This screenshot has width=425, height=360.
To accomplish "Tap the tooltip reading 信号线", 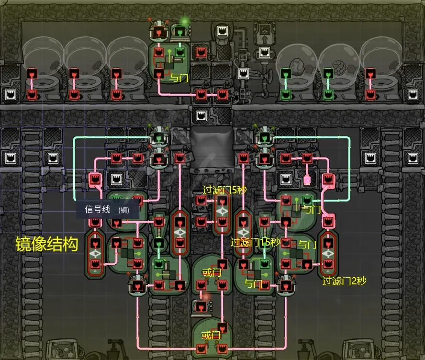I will (x=98, y=209).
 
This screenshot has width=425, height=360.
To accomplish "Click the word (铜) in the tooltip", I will (x=123, y=210).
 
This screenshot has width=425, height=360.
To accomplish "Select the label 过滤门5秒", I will (x=224, y=190).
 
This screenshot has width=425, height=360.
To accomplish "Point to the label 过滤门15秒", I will (x=255, y=242).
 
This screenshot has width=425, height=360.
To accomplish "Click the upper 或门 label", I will (x=212, y=273).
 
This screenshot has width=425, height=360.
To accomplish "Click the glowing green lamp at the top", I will (x=184, y=22).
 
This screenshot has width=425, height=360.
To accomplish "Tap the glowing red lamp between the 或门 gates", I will (x=206, y=298).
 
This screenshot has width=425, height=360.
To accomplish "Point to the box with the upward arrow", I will (x=263, y=34).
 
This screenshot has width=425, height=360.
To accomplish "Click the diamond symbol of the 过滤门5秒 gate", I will (x=222, y=211).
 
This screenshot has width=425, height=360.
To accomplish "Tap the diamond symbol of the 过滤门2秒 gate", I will (x=328, y=253).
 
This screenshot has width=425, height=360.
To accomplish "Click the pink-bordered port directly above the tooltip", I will (x=95, y=180).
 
